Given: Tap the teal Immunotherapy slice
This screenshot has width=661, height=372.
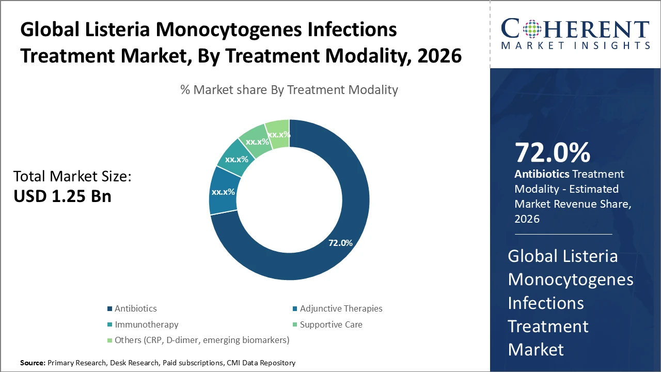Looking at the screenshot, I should [x=235, y=160].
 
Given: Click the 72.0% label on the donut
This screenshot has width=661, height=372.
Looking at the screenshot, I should [x=340, y=242].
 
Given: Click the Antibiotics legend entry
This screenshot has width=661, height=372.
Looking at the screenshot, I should [x=135, y=308].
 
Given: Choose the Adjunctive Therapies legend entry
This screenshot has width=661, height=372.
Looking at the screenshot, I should [x=341, y=308].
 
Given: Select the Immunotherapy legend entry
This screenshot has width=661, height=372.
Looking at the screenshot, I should [x=146, y=324].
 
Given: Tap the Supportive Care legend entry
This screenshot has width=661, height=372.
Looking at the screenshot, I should [x=331, y=324].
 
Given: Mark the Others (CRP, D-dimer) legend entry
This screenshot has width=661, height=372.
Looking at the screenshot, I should [x=201, y=340].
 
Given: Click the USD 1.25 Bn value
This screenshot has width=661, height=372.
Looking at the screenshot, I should [x=62, y=196].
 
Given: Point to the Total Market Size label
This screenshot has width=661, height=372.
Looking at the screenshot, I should [x=73, y=177].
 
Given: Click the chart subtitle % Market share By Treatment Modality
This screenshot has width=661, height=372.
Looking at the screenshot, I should [x=289, y=90].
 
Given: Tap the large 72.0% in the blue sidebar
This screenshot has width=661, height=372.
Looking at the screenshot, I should [x=552, y=152].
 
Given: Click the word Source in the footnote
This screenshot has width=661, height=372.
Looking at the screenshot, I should [x=32, y=363].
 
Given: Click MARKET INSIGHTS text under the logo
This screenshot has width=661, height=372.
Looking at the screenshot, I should [x=575, y=45].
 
